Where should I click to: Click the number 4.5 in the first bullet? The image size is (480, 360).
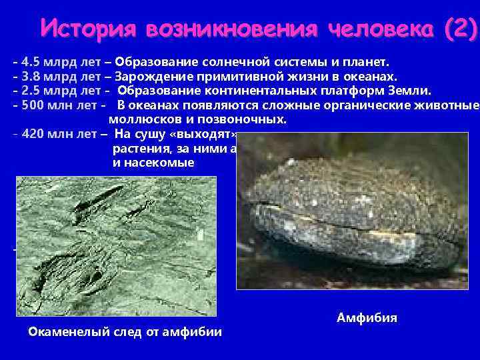pyautogui.click(x=30, y=62)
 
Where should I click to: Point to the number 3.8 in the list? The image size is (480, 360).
pyautogui.click(x=30, y=76)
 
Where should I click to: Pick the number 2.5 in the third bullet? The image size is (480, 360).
pyautogui.click(x=30, y=90)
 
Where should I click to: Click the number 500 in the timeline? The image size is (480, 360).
pyautogui.click(x=33, y=105)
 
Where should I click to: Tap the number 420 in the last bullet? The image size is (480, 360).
pyautogui.click(x=33, y=133)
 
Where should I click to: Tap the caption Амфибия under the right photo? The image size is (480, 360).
pyautogui.click(x=367, y=317)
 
